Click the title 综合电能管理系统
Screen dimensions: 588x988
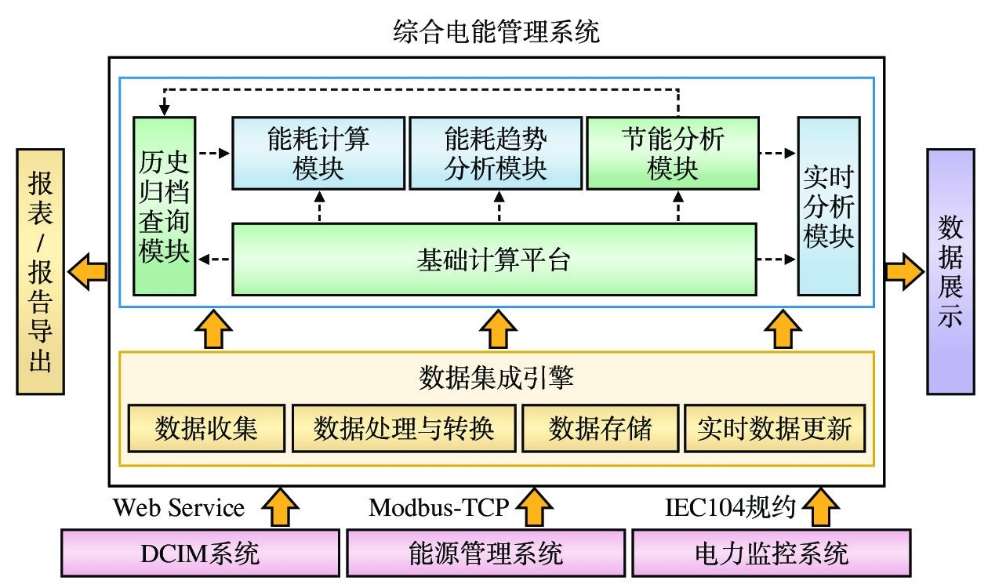click(496, 32)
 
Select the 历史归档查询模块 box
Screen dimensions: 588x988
click(164, 205)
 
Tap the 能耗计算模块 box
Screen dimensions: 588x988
click(318, 153)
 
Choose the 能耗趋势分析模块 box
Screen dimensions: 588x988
click(496, 153)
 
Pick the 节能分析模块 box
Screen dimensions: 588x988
click(673, 153)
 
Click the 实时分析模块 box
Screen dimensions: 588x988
click(828, 205)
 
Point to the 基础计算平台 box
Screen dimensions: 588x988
click(494, 260)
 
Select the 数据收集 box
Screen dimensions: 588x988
click(206, 429)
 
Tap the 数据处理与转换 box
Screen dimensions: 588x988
click(404, 429)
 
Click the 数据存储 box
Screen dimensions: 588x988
click(600, 429)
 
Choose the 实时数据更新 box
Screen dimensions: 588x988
click(775, 429)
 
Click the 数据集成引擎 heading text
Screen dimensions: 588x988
click(496, 378)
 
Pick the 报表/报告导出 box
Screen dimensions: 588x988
click(40, 270)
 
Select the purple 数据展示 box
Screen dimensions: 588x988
click(950, 270)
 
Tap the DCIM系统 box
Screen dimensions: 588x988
click(200, 554)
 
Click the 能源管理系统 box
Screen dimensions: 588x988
click(485, 554)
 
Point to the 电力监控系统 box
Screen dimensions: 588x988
click(772, 554)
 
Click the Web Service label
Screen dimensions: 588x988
click(179, 508)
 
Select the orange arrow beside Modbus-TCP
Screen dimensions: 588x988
click(536, 507)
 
